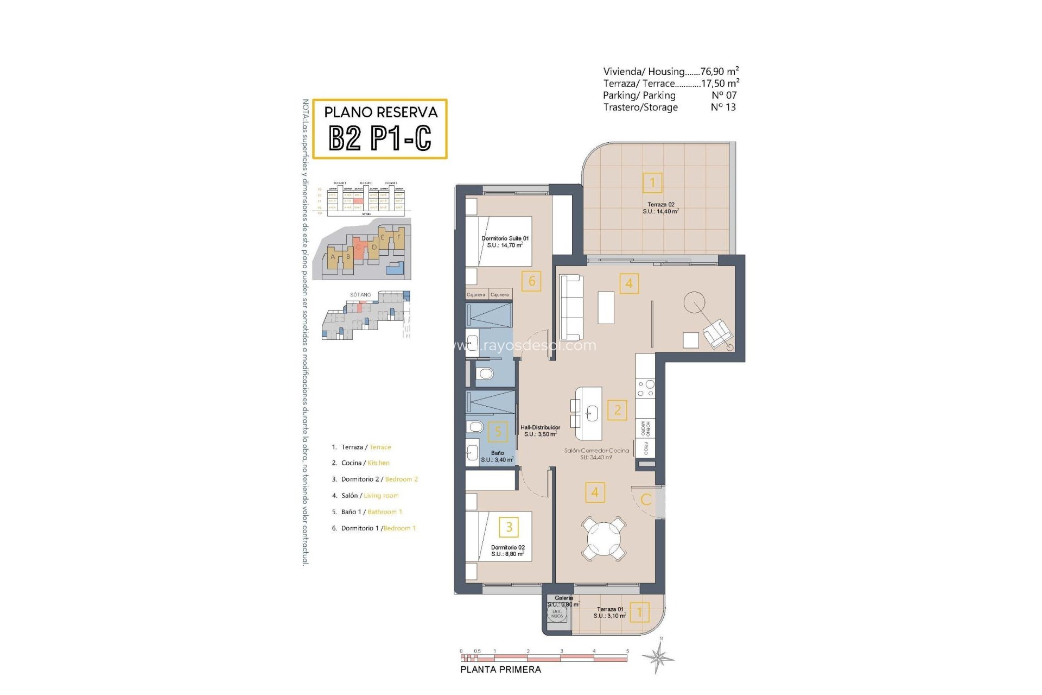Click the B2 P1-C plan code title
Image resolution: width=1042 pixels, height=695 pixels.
pos(380,138)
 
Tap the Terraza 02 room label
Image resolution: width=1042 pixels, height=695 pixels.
pos(660,208)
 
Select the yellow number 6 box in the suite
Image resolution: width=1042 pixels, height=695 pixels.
pos(531,281)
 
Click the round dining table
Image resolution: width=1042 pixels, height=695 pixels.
pos(603,539)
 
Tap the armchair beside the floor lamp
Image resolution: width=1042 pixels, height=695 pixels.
pos(717,333)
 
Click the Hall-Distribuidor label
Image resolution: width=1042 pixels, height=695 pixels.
pos(540,431)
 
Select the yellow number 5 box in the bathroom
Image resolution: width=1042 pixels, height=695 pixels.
pos(498,432)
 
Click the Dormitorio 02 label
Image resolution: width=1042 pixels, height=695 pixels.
pos(507,551)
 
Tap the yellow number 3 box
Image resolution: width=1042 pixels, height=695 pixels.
pos(509,527)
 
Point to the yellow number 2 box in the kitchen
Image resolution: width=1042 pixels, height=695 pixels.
pos(617,410)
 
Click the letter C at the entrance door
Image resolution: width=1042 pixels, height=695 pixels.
pos(646,500)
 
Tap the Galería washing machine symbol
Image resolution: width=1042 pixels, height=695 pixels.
pos(557,614)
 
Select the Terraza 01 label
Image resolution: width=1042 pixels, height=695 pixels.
pos(610,612)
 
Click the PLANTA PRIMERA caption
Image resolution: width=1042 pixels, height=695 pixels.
pos(500,669)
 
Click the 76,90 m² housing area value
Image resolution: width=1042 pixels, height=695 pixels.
pos(719,71)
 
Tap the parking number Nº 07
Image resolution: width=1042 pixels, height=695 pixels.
pos(724,96)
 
